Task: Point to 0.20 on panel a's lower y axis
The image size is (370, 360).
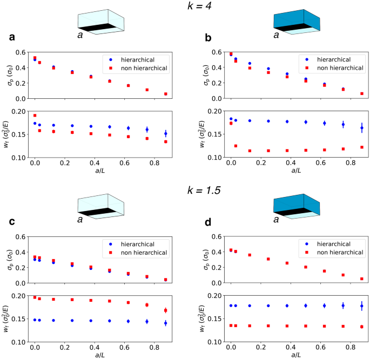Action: (21, 111)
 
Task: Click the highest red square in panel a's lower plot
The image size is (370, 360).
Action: (35, 115)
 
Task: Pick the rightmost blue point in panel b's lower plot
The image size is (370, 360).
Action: (362, 128)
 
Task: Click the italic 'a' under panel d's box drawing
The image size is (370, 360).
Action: (276, 220)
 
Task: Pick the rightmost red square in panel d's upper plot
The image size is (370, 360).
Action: (362, 279)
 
